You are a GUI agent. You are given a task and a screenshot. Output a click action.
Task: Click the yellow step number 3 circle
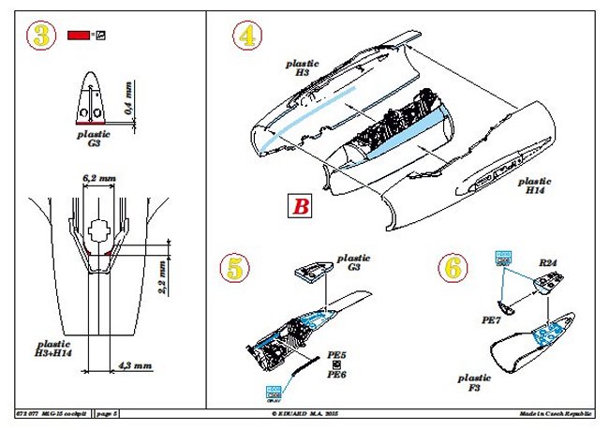(x=39, y=37)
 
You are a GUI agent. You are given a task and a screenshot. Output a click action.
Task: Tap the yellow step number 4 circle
(x=246, y=37)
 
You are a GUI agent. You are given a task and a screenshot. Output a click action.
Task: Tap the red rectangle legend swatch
(x=78, y=36)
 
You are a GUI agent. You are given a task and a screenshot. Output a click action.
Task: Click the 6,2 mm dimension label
(x=97, y=176)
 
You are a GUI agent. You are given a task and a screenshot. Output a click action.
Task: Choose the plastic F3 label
(x=475, y=383)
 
